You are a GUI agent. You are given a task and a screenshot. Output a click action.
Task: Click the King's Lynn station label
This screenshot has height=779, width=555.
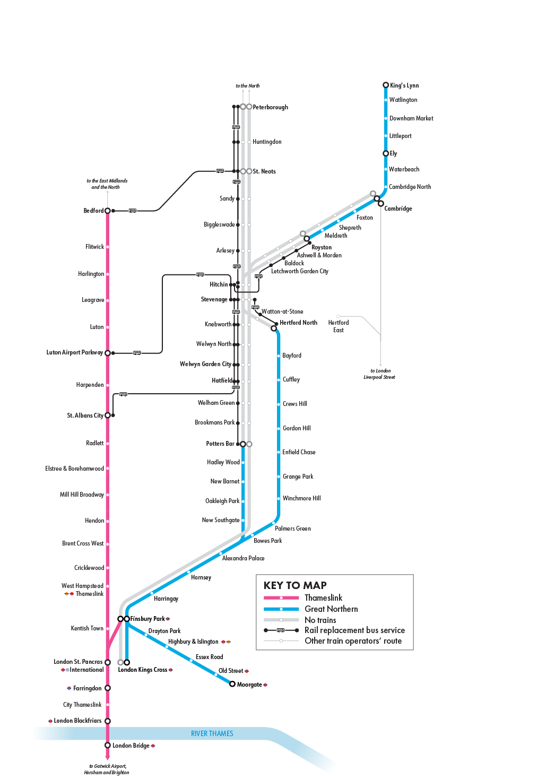point(404,85)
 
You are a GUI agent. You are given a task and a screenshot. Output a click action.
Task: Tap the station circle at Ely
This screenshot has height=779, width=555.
point(386,153)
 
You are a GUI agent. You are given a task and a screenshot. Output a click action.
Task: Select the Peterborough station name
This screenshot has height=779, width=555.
point(270,107)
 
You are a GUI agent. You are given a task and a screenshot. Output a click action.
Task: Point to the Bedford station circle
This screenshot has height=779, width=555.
point(108,211)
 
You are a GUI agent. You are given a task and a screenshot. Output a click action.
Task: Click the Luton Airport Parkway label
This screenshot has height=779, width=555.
point(74,352)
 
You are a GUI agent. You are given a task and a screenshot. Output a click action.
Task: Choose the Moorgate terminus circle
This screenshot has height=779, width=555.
point(232,684)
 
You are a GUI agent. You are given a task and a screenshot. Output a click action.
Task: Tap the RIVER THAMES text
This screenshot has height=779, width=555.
point(212,733)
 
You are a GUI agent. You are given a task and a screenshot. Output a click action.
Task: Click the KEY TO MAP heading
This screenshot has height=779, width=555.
point(295,585)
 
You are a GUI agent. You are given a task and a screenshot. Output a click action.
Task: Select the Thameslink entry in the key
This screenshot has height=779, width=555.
point(323,598)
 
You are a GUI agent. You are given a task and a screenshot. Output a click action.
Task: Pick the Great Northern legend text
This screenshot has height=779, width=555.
point(331,609)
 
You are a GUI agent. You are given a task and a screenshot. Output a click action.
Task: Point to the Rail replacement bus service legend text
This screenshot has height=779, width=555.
point(354,630)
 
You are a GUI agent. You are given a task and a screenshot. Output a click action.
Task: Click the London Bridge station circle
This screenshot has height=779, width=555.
point(108,745)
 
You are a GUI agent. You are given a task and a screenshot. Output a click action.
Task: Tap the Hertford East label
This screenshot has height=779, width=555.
point(339,326)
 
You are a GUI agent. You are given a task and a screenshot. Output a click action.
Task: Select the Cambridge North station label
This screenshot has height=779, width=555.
point(410,187)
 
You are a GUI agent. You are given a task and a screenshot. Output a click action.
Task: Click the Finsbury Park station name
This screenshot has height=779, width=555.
point(148,619)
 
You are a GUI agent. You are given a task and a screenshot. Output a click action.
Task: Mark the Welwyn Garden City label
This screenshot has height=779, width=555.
point(205,364)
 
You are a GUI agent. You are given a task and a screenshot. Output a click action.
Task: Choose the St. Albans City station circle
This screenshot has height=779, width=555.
point(108,416)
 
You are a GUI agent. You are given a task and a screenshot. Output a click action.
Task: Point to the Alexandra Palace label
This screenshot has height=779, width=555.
point(243,558)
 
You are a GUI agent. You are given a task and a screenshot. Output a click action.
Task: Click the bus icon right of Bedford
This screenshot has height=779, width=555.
point(133,211)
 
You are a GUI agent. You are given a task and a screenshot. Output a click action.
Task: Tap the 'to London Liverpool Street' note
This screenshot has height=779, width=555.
point(379,374)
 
